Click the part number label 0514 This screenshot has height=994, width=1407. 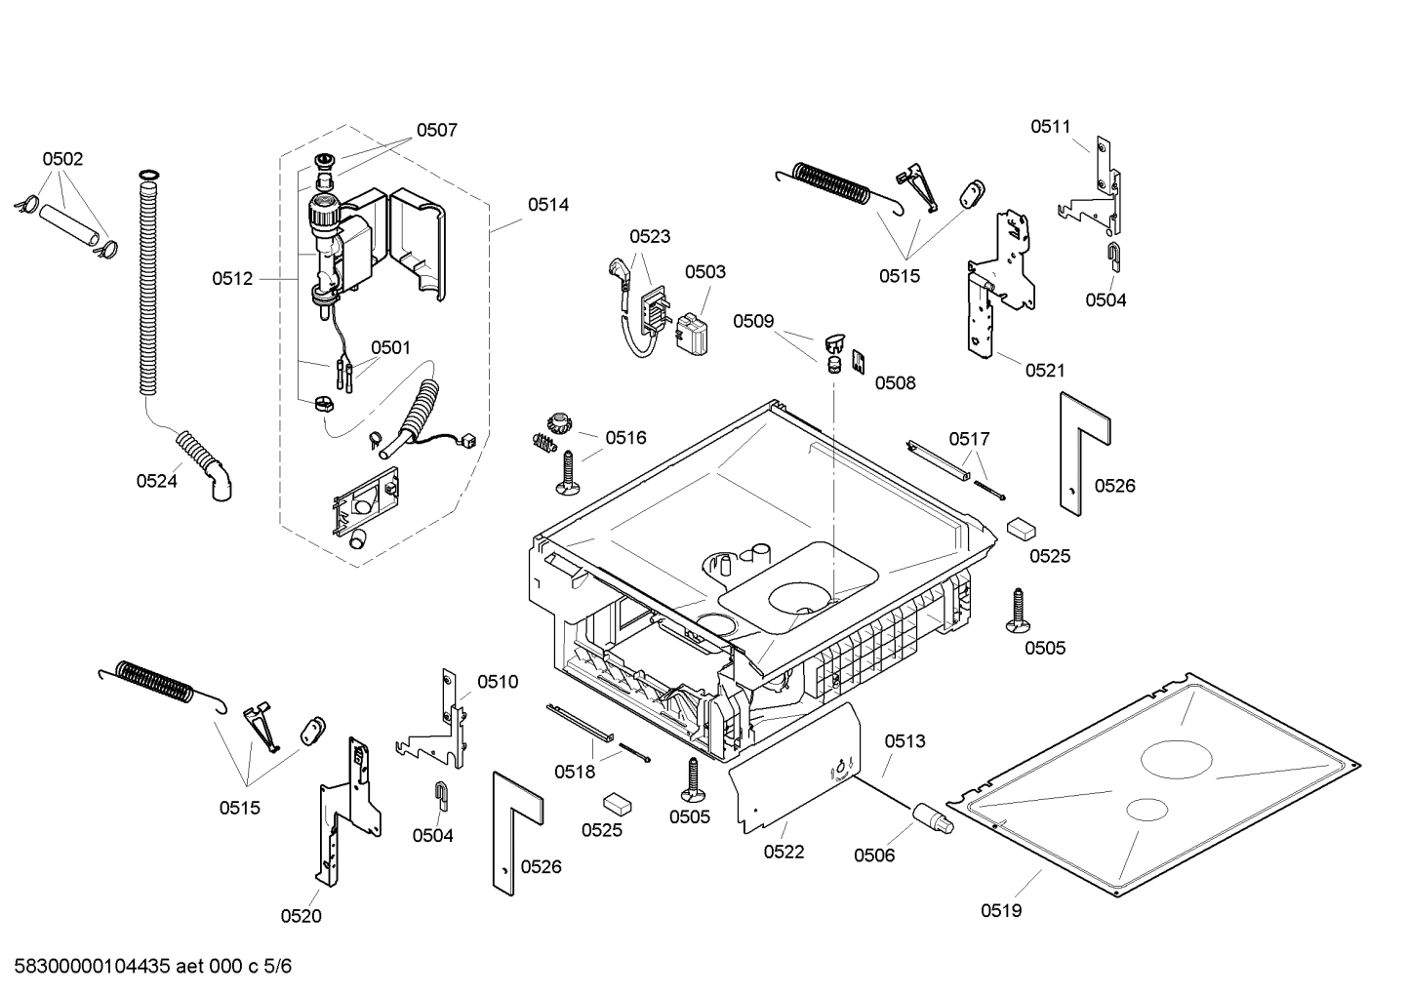pos(548,205)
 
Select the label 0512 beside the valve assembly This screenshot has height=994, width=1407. pos(232,279)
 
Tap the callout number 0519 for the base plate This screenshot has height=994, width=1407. pos(1001,910)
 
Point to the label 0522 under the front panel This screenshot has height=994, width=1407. pos(784,852)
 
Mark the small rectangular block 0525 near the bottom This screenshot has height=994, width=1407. pos(617,802)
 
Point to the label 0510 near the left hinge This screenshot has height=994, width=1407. pos(498,682)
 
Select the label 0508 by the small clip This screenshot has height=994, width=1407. pos(895,383)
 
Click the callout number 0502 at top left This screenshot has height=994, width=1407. pos(62,159)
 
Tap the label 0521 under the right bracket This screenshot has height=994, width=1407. pos(1045,370)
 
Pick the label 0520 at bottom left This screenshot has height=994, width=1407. pos(301,915)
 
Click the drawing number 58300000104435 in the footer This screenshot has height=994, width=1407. pos(87,967)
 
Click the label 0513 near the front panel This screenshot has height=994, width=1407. pos(904,741)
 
